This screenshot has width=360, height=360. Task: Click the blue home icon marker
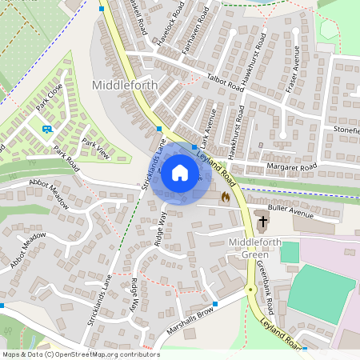(180, 173)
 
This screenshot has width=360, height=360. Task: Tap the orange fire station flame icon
(226, 194)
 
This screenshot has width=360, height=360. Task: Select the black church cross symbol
(264, 219)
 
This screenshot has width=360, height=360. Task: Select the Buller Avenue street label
(290, 211)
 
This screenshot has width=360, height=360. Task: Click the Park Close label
(49, 98)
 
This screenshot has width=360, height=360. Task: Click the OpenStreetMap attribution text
(80, 354)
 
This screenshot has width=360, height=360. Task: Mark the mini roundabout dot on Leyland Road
(251, 289)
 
